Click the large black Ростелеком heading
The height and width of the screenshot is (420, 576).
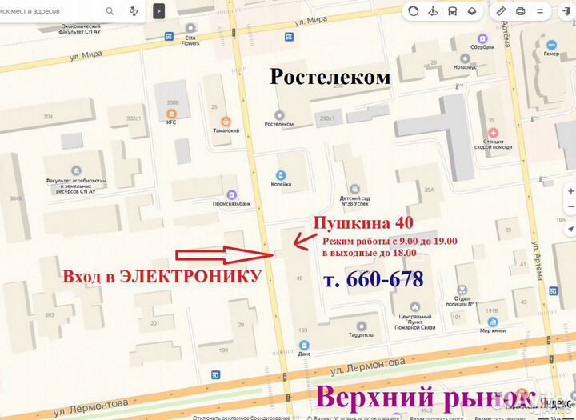[330, 77]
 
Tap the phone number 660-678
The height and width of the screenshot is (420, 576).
[373, 279]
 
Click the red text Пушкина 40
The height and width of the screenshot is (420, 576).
[362, 223]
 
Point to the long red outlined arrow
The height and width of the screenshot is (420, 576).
[225, 255]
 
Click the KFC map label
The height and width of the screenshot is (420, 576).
[171, 122]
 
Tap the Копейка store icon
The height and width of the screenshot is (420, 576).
[281, 175]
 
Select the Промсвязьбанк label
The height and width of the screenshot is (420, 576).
[230, 203]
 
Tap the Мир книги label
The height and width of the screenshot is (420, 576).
[496, 330]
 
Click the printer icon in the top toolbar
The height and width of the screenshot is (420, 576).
[521, 11]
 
